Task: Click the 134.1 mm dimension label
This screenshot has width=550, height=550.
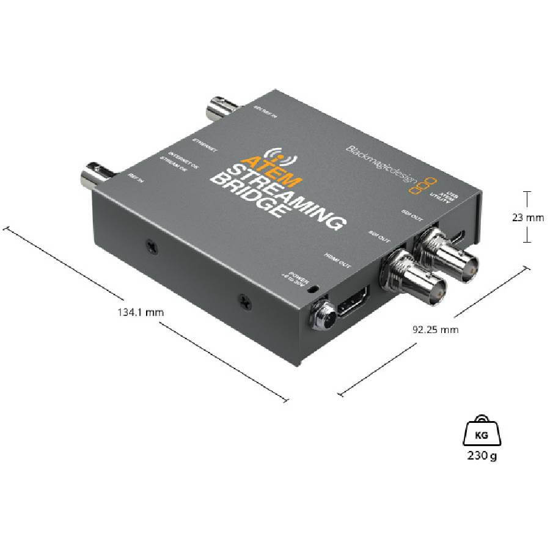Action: pos(141,312)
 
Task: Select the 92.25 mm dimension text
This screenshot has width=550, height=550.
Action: pos(435,330)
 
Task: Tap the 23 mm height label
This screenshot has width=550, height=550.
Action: pos(526,216)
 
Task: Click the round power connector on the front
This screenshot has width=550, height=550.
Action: pos(321,315)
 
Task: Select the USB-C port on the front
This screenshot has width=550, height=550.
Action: pos(461,235)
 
